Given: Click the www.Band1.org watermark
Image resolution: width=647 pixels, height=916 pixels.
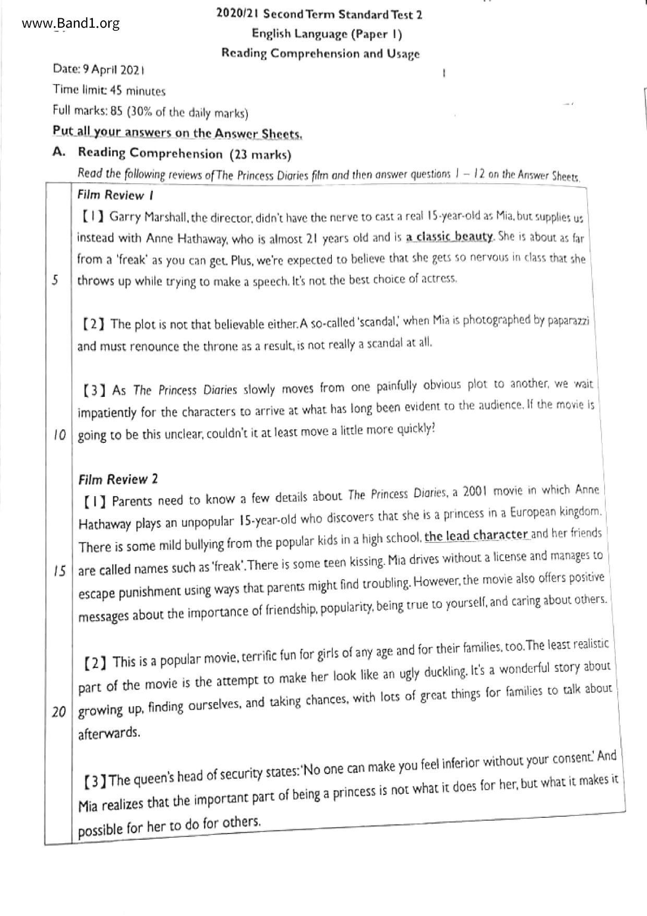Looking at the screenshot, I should click(x=71, y=24).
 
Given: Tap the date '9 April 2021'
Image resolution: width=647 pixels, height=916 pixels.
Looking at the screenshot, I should click(x=118, y=70).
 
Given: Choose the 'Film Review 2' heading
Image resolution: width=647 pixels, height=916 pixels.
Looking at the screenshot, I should click(x=118, y=479).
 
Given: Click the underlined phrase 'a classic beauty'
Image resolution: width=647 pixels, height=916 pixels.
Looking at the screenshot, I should click(x=450, y=237).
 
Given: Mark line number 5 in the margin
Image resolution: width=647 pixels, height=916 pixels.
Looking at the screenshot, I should click(x=55, y=280).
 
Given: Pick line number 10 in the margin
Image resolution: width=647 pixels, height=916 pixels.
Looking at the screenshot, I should click(x=59, y=435).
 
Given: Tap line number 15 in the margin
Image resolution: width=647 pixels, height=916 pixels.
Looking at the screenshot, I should click(x=59, y=571).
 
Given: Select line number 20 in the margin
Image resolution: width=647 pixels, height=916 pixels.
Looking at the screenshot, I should click(x=58, y=712).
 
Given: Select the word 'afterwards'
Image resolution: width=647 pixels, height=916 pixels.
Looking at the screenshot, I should click(x=109, y=733).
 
